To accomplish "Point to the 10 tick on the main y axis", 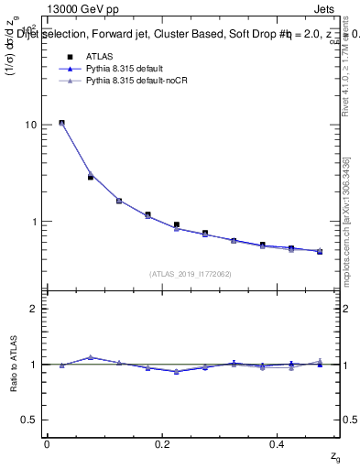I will click(x=31, y=125).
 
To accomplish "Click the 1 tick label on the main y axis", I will click(x=34, y=222).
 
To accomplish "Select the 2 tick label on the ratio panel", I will click(x=34, y=309).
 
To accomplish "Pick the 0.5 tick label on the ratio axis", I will click(x=30, y=420).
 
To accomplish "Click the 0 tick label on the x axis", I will click(x=47, y=444).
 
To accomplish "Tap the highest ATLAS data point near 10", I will click(x=61, y=123).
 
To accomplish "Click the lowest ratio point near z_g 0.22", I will click(x=176, y=371).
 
